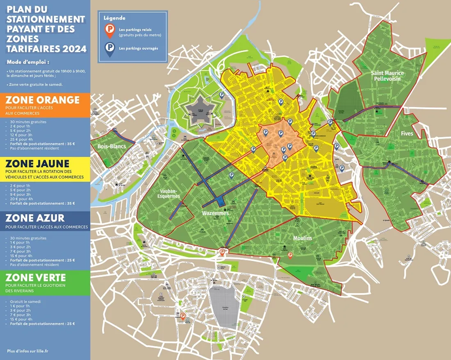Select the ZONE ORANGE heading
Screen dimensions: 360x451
pos(43,100)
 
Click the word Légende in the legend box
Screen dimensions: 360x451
pos(114,18)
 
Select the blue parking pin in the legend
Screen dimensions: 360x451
pos(109,49)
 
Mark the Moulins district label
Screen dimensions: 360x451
pos(303,238)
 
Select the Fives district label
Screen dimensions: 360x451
pos(407,134)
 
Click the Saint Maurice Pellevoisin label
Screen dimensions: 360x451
pos(387,75)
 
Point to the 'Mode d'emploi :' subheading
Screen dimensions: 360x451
pos(28,62)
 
